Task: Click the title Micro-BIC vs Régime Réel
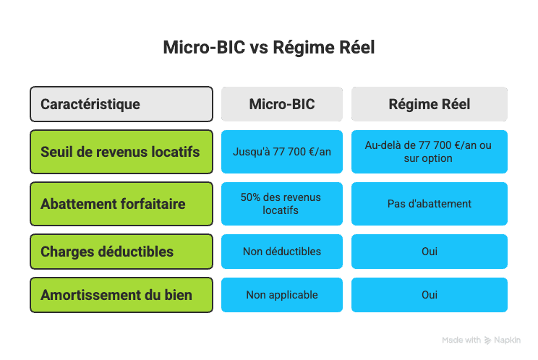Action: [268, 48]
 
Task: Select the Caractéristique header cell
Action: [121, 104]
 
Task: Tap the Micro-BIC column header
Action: [282, 104]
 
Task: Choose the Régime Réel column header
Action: [430, 104]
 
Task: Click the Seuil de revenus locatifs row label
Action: [121, 152]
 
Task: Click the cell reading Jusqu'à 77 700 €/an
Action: [282, 152]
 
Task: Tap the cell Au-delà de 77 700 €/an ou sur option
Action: [430, 152]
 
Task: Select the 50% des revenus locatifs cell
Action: [282, 204]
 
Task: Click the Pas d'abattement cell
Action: [430, 204]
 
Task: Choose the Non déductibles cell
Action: [282, 252]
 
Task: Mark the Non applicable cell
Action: [282, 295]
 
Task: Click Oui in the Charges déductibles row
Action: [430, 252]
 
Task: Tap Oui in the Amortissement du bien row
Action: [430, 295]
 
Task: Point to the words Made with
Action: [461, 340]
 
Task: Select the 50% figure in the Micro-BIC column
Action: [250, 197]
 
